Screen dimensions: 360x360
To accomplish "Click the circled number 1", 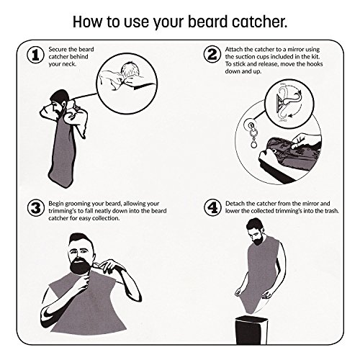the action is [x=35, y=55].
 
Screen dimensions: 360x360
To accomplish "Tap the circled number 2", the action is [x=212, y=54].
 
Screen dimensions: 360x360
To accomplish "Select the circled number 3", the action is [x=36, y=208].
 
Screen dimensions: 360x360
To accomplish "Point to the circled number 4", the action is [x=212, y=208].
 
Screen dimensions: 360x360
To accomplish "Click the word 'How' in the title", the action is [x=88, y=22].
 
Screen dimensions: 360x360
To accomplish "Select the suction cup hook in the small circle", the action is [x=287, y=101].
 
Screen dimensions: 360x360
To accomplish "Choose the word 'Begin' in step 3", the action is [x=56, y=204].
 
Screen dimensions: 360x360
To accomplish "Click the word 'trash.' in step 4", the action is [x=332, y=211].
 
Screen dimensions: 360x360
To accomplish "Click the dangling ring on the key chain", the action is [x=252, y=145].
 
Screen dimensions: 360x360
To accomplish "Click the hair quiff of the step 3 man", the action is [x=78, y=239].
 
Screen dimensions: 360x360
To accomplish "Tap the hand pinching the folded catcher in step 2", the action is [x=304, y=142].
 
